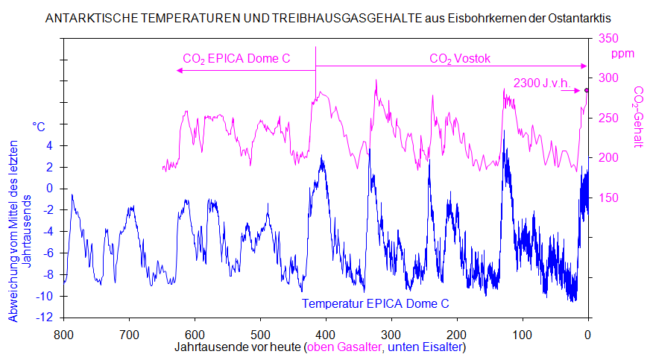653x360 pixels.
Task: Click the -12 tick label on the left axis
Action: tap(46, 318)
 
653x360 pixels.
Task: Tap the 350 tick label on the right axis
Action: tap(608, 39)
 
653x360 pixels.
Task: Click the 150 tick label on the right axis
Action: tap(608, 198)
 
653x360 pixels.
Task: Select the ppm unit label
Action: tap(622, 54)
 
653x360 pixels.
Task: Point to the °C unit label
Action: tap(39, 127)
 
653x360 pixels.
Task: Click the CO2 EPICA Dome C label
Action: tap(236, 58)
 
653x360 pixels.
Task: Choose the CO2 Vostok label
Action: tap(460, 58)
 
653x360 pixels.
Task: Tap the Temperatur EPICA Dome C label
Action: tap(375, 304)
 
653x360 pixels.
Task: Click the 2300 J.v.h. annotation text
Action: tap(543, 83)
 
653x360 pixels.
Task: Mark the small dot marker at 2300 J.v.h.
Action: tap(586, 90)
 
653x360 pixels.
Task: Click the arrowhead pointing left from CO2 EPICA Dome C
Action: tap(179, 70)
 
